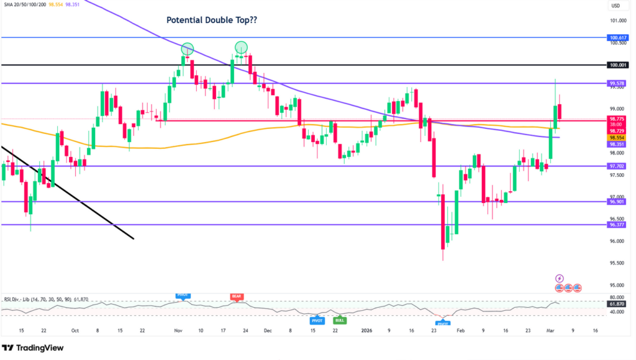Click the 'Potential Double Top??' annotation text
click(212, 20)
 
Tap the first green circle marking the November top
click(188, 48)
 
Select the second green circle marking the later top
click(241, 47)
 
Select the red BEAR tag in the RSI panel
click(237, 297)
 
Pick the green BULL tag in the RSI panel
click(340, 320)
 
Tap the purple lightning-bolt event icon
click(559, 279)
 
